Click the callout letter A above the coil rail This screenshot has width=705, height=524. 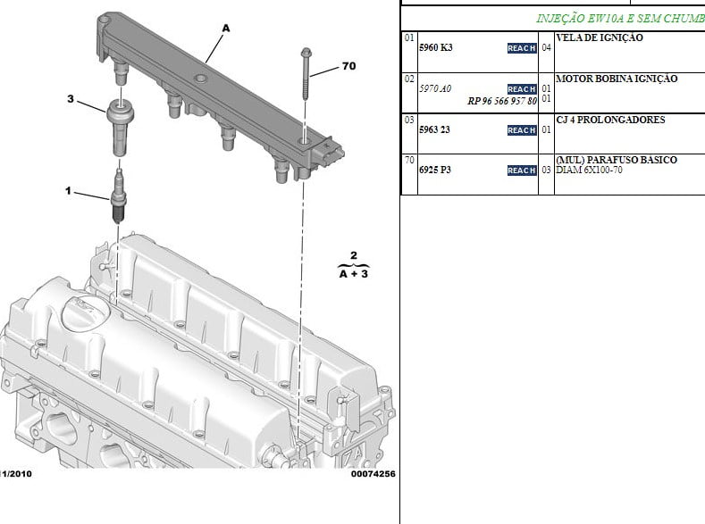click(x=226, y=29)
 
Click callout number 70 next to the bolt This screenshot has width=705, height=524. click(x=348, y=66)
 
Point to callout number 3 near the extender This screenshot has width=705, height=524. click(x=71, y=98)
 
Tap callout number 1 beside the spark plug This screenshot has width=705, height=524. click(x=68, y=191)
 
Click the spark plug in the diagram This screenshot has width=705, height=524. click(x=118, y=196)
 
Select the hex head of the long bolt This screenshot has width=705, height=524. click(x=306, y=53)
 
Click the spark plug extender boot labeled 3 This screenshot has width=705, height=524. click(x=120, y=128)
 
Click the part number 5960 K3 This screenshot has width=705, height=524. click(x=436, y=47)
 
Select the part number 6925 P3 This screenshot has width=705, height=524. click(x=435, y=170)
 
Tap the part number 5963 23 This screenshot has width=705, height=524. click(x=434, y=129)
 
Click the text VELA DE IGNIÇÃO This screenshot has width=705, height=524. click(x=600, y=37)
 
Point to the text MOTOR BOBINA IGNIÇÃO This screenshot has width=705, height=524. click(x=617, y=79)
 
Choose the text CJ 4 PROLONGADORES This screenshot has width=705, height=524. click(x=610, y=120)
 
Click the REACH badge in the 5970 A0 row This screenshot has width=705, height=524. click(x=522, y=89)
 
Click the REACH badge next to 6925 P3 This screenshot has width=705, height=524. click(x=522, y=171)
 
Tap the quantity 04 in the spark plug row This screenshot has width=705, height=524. click(x=546, y=47)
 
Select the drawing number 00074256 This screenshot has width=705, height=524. click(x=373, y=474)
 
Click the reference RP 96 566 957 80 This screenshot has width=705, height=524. click(x=502, y=101)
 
